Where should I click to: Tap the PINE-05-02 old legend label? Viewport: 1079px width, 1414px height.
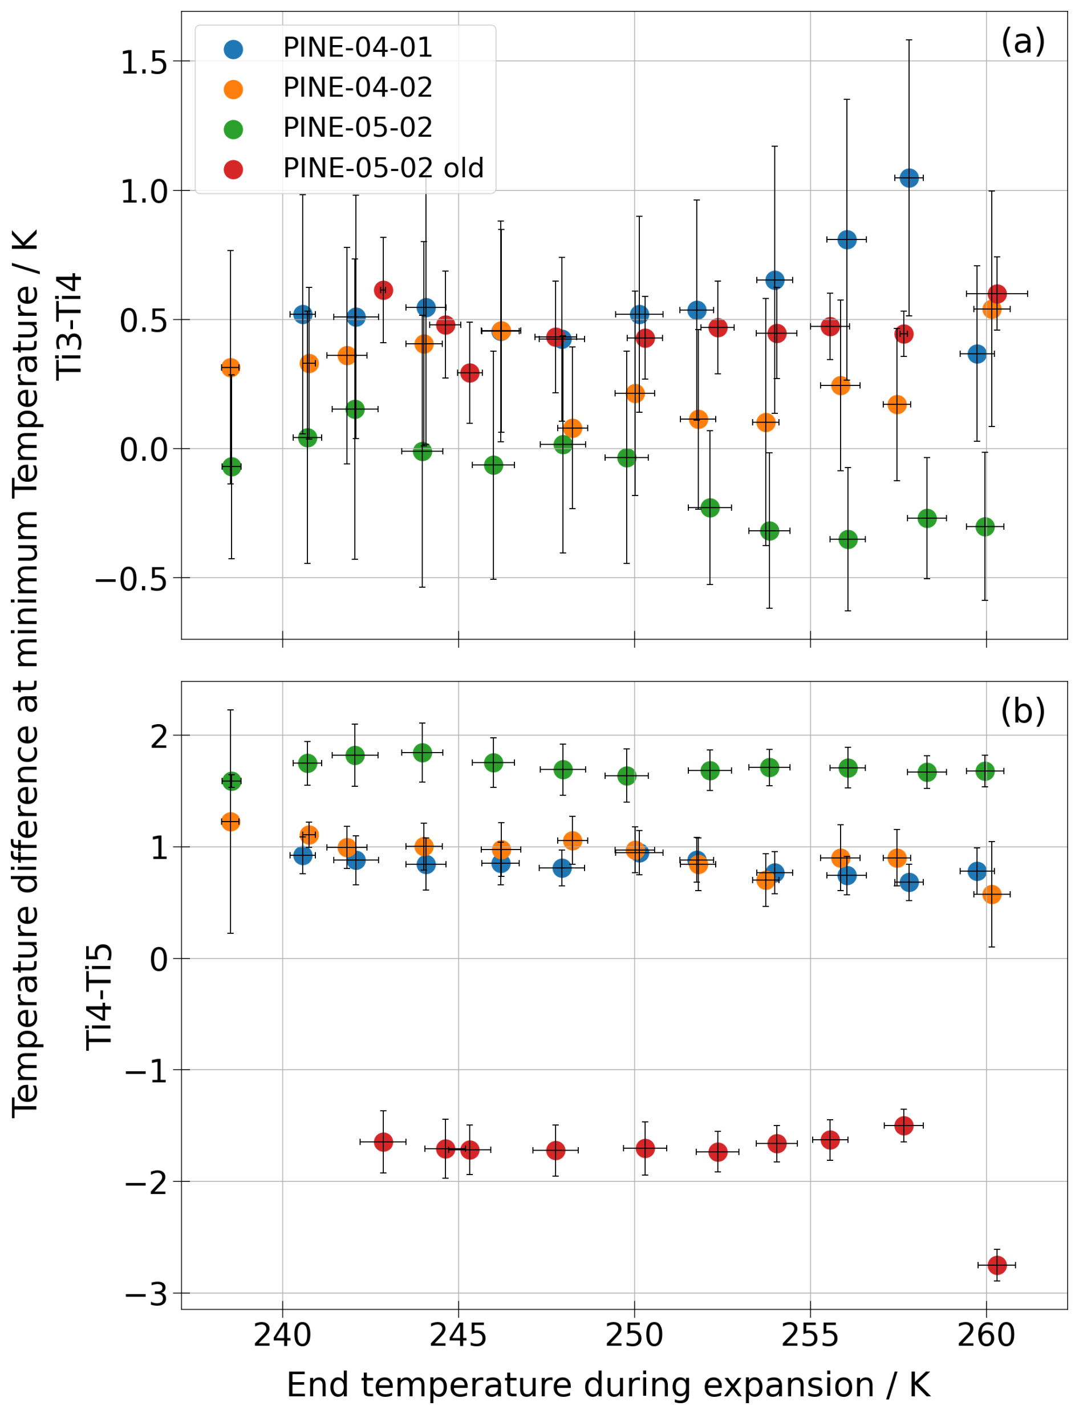[x=383, y=169]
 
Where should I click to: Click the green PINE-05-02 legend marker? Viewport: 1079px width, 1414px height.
[x=233, y=129]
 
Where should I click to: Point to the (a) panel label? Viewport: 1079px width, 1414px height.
[x=1023, y=42]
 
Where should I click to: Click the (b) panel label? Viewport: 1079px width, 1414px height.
[x=1023, y=712]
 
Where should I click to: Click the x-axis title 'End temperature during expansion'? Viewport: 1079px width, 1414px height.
[x=581, y=1385]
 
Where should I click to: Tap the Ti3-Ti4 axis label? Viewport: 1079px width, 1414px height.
[x=70, y=326]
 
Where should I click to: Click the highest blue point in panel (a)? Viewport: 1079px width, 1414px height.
[x=909, y=178]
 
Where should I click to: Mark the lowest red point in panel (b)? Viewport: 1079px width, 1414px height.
[x=997, y=1265]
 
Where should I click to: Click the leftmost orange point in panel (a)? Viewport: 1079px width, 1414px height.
[x=230, y=368]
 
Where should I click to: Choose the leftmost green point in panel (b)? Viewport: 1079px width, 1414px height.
[x=231, y=782]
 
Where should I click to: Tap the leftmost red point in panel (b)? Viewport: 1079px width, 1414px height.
[x=383, y=1141]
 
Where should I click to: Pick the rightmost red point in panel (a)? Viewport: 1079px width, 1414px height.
[x=997, y=294]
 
